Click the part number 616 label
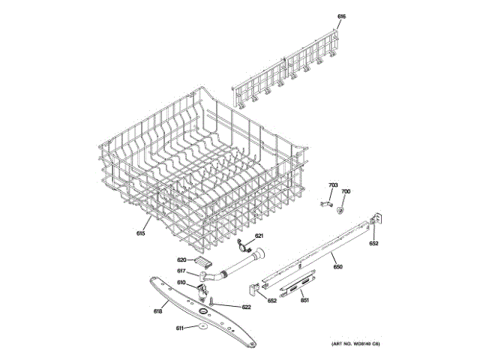pos(341,16)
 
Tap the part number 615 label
pos(140,233)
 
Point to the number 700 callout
pos(346,192)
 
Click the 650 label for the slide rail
pos(337,267)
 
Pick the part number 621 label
pos(259,236)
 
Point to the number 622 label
pos(246,307)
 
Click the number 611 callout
pos(180,328)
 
